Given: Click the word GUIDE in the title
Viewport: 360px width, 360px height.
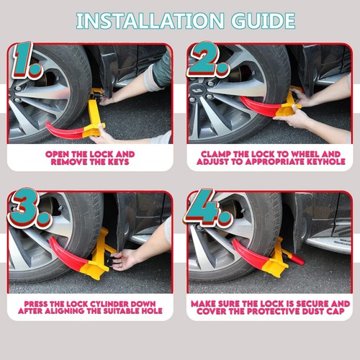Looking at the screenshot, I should click(264, 19).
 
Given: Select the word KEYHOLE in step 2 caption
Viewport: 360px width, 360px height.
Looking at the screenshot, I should click(315, 163).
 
